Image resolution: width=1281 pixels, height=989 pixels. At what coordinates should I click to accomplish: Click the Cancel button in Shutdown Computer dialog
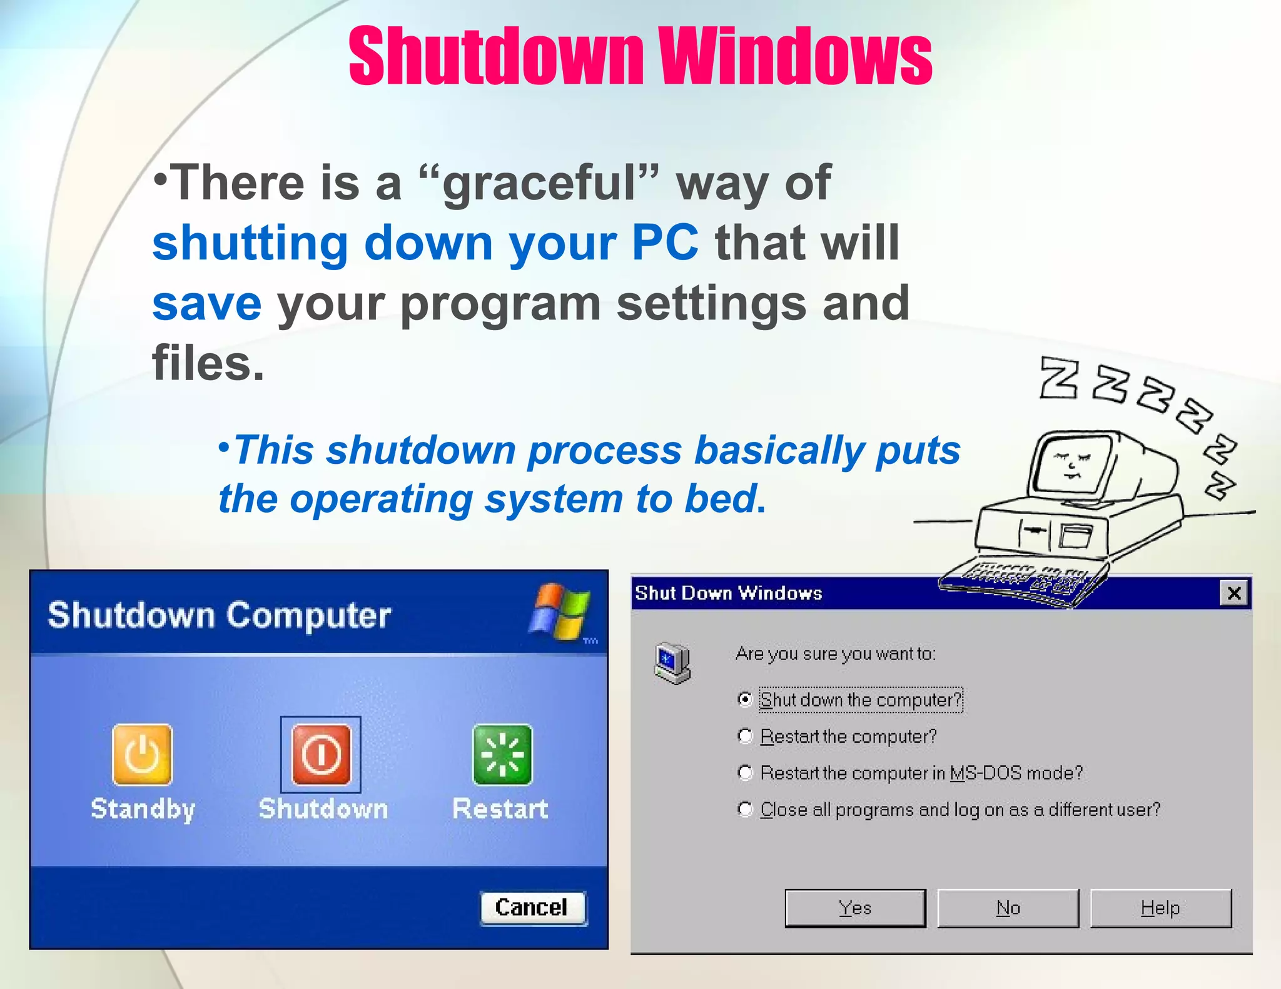click(532, 908)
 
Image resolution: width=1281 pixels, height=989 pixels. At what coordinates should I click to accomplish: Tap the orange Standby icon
click(143, 755)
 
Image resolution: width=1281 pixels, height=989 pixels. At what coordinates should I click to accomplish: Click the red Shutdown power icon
click(322, 755)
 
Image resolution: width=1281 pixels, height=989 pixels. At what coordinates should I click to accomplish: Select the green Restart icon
click(502, 755)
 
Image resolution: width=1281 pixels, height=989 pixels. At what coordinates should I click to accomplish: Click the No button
click(1008, 908)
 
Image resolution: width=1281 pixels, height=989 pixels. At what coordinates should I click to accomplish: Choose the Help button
click(1161, 908)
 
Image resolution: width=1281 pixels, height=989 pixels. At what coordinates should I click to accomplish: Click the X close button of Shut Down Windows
click(1234, 593)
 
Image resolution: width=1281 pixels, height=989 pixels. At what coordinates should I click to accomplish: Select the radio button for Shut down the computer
click(744, 699)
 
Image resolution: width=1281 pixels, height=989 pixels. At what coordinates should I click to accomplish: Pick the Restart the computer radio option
click(744, 736)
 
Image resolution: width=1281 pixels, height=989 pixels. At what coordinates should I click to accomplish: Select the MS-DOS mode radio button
click(744, 773)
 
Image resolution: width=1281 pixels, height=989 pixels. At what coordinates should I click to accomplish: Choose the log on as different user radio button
click(744, 810)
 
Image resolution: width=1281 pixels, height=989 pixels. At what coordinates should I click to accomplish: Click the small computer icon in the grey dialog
click(672, 663)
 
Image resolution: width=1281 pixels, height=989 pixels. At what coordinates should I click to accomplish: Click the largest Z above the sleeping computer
click(1058, 378)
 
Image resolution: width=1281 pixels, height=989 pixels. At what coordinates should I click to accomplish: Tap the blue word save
click(207, 304)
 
